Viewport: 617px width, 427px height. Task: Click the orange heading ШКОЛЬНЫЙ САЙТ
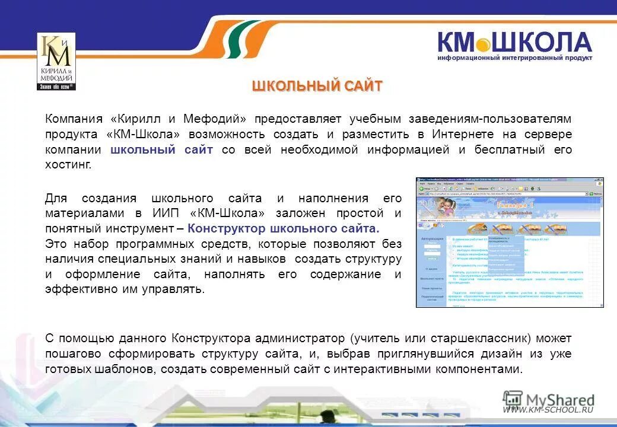point(317,86)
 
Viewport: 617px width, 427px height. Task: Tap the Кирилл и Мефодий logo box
point(56,62)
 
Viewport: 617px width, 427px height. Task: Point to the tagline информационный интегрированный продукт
point(514,58)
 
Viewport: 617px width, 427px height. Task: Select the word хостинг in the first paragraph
point(68,164)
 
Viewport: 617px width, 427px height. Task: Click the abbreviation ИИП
point(166,213)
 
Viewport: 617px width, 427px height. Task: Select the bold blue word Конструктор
point(226,228)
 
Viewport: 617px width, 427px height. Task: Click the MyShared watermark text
point(560,400)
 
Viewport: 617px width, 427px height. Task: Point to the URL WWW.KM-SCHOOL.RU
point(548,409)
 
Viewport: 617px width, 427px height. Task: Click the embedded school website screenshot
point(510,243)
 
